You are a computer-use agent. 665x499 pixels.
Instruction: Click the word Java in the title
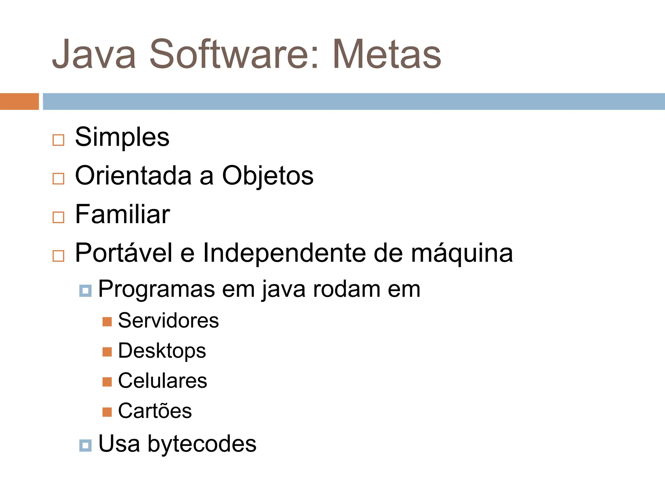tap(94, 54)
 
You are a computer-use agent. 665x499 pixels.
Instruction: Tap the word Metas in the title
tap(386, 54)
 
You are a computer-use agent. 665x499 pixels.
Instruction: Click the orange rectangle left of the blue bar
tap(19, 101)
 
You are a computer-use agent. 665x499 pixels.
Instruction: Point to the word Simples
tap(122, 137)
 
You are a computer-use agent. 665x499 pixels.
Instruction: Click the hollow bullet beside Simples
tap(58, 140)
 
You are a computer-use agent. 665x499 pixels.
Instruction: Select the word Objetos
tap(268, 176)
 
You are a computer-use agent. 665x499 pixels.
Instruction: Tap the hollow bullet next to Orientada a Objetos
tap(58, 179)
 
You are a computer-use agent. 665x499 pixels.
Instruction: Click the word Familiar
tap(122, 214)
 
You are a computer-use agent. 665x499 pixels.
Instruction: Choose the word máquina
tap(462, 253)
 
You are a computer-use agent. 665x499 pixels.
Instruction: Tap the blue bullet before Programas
tap(85, 290)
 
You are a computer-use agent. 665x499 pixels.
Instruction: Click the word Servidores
tap(168, 321)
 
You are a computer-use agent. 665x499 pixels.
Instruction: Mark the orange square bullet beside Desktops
tap(107, 352)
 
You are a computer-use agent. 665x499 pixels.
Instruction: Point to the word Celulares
tap(162, 381)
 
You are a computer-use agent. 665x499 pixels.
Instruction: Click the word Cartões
tap(155, 411)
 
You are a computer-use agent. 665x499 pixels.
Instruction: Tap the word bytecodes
tap(202, 444)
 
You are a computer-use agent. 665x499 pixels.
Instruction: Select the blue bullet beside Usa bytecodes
tap(85, 445)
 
